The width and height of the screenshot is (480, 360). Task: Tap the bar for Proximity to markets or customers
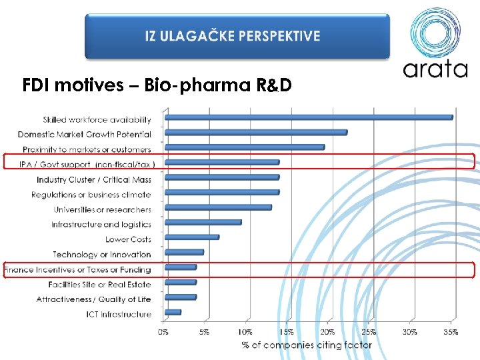244,147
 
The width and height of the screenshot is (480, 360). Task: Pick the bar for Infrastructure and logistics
203,223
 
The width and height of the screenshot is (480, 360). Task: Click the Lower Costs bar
191,237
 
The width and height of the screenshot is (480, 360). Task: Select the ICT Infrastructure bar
173,312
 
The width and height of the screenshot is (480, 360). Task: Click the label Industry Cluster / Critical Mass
94,179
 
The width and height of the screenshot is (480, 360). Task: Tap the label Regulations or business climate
91,195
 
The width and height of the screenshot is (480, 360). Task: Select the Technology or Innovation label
102,255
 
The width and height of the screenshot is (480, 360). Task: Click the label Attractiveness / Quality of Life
94,299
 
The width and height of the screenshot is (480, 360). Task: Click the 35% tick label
451,331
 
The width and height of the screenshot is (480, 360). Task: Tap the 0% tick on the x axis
164,331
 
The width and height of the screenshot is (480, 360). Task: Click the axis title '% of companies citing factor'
307,345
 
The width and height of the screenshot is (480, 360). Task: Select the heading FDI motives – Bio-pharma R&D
157,85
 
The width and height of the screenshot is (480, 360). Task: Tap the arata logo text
435,68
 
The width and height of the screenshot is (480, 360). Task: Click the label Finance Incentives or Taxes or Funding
77,270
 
